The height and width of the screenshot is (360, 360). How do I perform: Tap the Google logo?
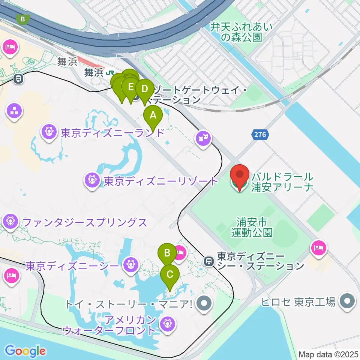click(25, 351)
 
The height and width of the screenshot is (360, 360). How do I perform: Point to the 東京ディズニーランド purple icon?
click(49, 132)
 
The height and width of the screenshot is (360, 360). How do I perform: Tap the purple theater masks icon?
click(202, 139)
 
